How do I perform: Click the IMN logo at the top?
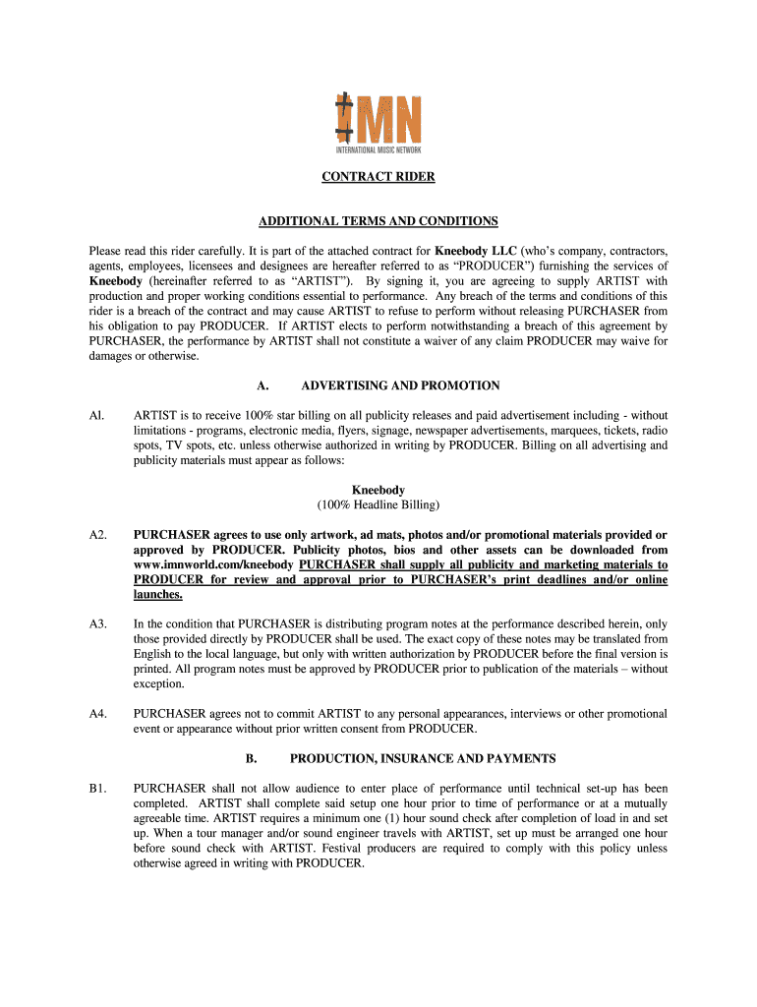378,124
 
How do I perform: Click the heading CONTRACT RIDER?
378,177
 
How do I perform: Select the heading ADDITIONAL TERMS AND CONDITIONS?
378,220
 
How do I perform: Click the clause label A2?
97,535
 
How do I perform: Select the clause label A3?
97,623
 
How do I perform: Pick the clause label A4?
97,714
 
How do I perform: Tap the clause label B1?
97,789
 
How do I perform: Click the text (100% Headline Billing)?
378,504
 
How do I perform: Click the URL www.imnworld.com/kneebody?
213,565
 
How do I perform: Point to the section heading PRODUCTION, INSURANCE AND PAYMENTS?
423,758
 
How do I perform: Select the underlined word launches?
157,595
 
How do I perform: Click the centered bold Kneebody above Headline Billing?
378,490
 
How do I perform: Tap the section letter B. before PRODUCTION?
251,758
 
